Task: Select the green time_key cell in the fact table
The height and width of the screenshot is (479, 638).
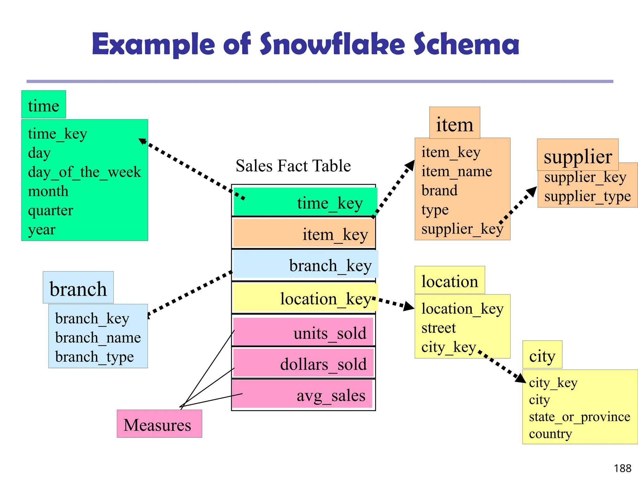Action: tap(305, 202)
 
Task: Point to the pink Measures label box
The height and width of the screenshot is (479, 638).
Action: tap(159, 424)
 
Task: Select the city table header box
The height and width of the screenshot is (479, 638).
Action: tap(542, 355)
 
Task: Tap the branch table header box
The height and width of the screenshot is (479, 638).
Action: tap(78, 288)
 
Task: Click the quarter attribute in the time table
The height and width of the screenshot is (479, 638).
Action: tap(50, 210)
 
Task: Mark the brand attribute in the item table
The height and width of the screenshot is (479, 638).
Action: tap(439, 191)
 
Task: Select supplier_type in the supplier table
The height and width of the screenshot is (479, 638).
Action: tap(588, 196)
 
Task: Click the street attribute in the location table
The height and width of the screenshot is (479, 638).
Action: tap(438, 328)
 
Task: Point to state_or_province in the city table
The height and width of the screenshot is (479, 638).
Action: tap(579, 417)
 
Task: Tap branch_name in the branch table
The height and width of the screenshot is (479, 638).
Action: tap(98, 337)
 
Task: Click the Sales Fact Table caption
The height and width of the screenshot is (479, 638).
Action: tap(293, 166)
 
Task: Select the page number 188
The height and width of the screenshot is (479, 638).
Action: tap(622, 468)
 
